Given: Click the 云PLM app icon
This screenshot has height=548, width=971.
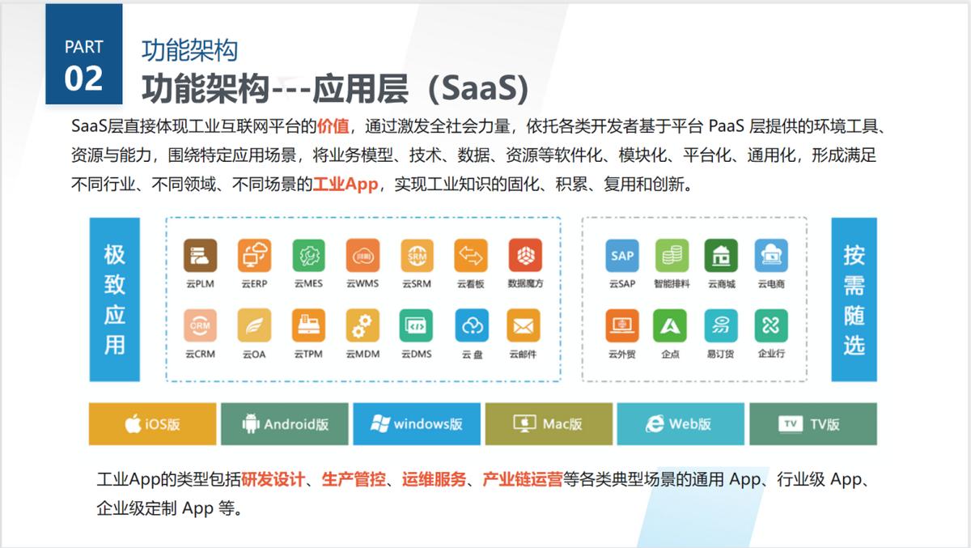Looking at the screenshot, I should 200,255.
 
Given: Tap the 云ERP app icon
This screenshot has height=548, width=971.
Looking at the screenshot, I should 254,255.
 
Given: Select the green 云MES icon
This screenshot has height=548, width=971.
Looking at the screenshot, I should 308,255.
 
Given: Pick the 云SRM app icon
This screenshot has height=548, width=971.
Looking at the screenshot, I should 417,255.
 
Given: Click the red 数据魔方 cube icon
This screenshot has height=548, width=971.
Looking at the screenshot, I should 525,255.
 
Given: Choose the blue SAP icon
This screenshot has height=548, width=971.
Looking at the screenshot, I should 622,255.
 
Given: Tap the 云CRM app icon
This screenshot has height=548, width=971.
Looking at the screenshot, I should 200,325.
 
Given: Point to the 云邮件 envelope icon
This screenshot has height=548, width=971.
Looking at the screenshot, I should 524,325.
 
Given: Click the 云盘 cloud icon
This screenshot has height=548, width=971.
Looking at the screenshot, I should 471,325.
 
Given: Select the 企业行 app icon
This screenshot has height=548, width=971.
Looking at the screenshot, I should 771,325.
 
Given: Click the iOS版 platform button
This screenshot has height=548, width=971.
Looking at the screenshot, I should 153,424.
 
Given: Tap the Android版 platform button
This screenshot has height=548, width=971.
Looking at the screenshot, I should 285,424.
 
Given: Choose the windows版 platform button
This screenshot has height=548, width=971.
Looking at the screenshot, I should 417,424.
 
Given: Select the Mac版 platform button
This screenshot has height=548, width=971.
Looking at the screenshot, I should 549,424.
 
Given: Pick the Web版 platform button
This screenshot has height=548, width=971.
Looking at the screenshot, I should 681,424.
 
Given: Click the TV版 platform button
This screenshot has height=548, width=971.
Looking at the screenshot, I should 812,424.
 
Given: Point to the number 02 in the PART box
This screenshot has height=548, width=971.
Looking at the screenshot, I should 84,79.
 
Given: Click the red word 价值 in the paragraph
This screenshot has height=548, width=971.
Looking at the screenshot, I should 333,126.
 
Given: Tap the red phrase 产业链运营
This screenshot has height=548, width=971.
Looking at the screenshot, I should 522,479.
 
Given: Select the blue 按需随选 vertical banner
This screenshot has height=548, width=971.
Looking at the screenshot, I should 854,299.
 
